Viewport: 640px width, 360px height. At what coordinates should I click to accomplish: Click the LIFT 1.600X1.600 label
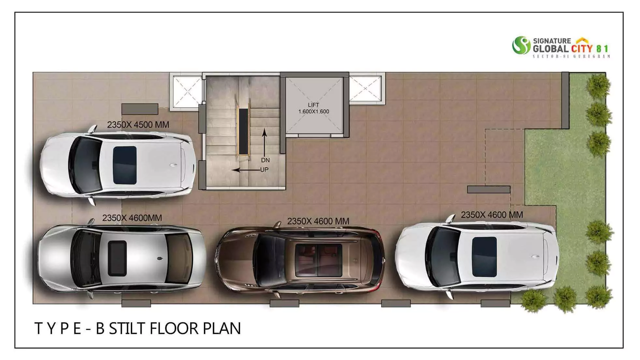coord(313,108)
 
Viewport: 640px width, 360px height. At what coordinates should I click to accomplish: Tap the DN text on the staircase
coord(265,160)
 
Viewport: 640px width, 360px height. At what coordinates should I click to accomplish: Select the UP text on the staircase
coord(264,170)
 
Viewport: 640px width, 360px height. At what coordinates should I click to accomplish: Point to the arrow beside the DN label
coord(264,142)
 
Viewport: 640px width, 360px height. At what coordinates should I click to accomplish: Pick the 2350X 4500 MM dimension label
coord(138,125)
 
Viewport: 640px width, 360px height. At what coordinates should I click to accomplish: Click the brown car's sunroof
coord(318,259)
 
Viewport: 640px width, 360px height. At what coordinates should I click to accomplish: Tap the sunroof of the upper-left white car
coord(124,165)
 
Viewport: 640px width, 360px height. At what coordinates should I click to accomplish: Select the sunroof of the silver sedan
coord(117,258)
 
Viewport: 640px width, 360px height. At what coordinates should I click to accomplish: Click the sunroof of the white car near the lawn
coord(484,257)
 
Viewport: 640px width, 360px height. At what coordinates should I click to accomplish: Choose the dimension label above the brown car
coord(318,221)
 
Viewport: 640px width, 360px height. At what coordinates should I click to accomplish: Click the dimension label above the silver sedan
coord(132,218)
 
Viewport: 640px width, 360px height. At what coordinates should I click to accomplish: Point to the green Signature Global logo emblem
coord(521,46)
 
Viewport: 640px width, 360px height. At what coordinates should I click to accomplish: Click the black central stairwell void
coord(243,132)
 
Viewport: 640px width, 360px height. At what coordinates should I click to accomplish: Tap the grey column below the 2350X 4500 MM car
coord(136,303)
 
